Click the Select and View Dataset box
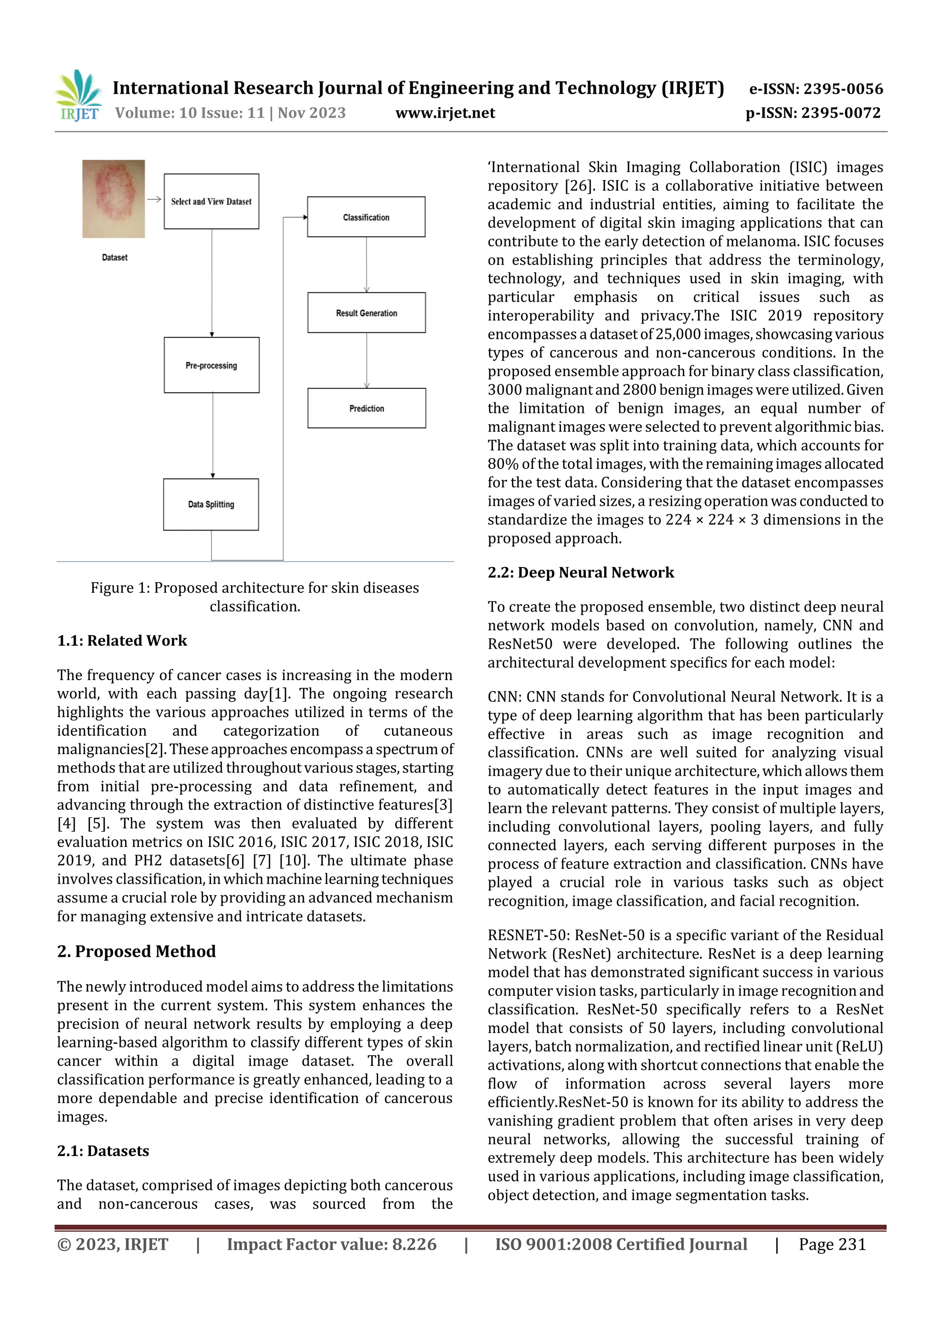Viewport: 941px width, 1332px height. (211, 201)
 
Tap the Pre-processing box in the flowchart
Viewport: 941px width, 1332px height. (211, 365)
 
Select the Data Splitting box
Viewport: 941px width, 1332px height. (211, 504)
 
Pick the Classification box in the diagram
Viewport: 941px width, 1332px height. (366, 217)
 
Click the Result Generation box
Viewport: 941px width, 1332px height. (366, 313)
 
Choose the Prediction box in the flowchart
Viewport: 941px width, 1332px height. (366, 408)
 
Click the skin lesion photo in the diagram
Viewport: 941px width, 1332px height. (113, 199)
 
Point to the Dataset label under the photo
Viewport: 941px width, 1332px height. (114, 257)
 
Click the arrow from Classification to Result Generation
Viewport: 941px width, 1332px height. (366, 264)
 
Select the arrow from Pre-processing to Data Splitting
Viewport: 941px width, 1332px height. (213, 435)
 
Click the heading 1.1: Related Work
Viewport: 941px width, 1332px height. (122, 640)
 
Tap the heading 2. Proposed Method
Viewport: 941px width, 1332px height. (136, 951)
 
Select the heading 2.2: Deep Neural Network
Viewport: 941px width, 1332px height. (580, 572)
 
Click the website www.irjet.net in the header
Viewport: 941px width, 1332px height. (445, 113)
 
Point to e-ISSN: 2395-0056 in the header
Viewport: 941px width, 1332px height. (815, 89)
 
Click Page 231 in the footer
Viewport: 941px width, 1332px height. (832, 1244)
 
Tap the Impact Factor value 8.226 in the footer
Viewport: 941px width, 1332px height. (331, 1244)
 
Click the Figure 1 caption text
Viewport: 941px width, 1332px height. (255, 597)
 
